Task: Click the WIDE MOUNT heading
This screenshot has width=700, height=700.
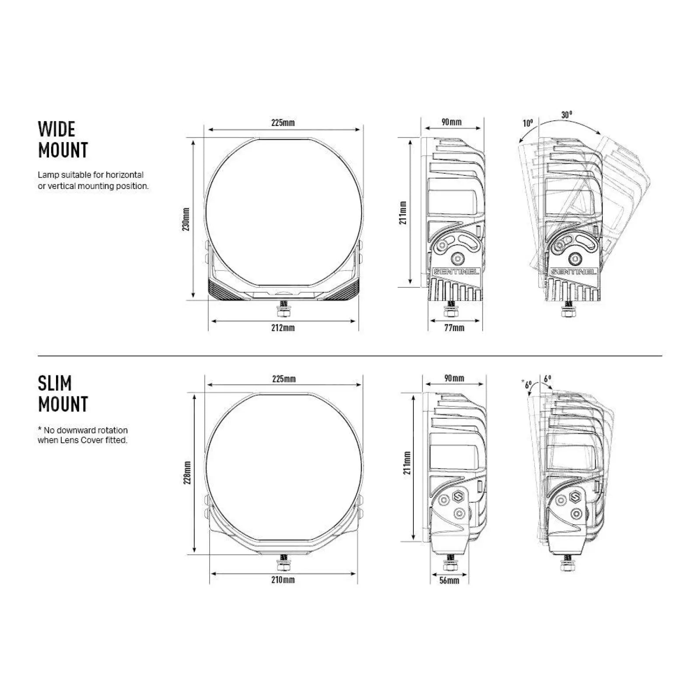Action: pos(63,139)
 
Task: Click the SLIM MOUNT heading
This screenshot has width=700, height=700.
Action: pos(63,393)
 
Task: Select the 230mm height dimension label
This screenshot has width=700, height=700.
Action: pos(187,219)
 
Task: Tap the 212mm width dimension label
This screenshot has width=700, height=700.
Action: pos(283,327)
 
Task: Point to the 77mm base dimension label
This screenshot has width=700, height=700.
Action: pos(454,327)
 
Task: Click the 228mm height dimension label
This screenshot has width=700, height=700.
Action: pos(187,472)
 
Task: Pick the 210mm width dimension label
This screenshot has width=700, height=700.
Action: pos(283,580)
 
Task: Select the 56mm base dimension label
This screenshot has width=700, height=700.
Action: pos(449,580)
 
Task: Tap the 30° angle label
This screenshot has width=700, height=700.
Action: pos(567,115)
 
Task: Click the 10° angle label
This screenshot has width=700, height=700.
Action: pos(528,123)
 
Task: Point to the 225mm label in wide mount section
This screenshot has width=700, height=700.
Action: pos(283,122)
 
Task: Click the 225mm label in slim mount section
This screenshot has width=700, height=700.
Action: pos(284,378)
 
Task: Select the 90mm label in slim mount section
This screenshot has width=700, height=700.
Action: pos(454,378)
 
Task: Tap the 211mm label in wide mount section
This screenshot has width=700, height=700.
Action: pos(403,213)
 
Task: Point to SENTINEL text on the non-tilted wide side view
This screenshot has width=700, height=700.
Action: pos(456,272)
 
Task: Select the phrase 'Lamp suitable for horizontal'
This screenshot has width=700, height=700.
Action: pos(91,175)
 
